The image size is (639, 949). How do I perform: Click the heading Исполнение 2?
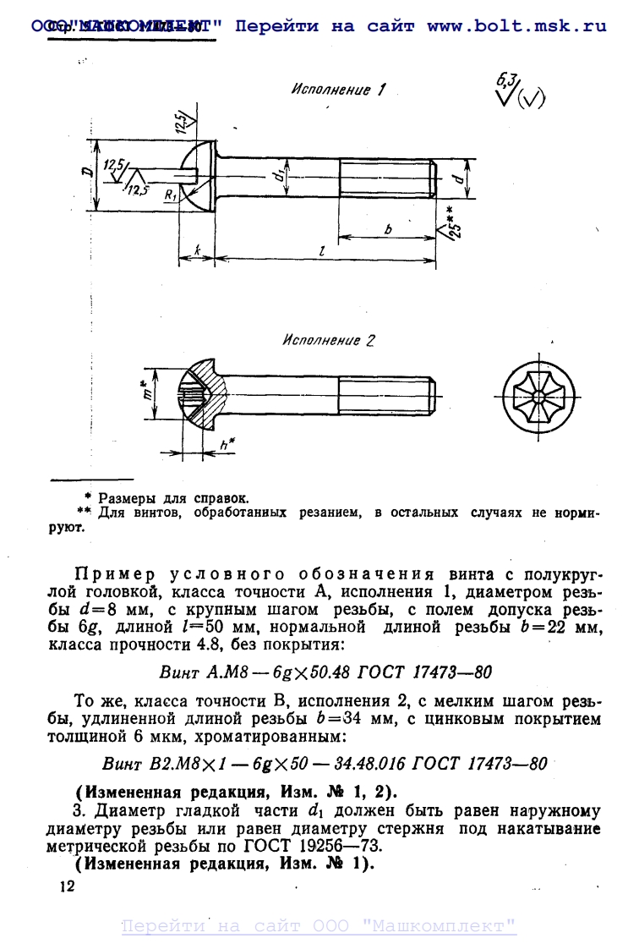[x=329, y=342]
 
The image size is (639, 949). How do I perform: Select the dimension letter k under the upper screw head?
[x=195, y=251]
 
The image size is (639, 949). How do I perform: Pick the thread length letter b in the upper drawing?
[x=388, y=229]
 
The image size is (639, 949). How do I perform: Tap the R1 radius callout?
[x=171, y=195]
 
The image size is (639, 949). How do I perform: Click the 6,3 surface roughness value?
[x=506, y=81]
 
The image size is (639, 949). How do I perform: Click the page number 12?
[x=67, y=886]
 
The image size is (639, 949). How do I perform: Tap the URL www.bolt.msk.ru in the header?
[x=516, y=26]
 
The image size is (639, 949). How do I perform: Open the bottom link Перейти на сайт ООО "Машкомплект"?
[x=319, y=926]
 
